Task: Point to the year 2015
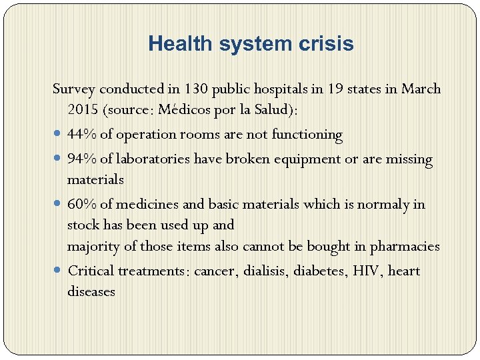coord(82,109)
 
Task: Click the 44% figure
coord(82,135)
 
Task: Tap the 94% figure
coord(82,160)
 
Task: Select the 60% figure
coord(82,205)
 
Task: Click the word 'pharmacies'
coord(405,247)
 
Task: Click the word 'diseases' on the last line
coord(91,291)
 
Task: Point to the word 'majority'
coord(94,247)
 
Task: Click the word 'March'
coord(421,89)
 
